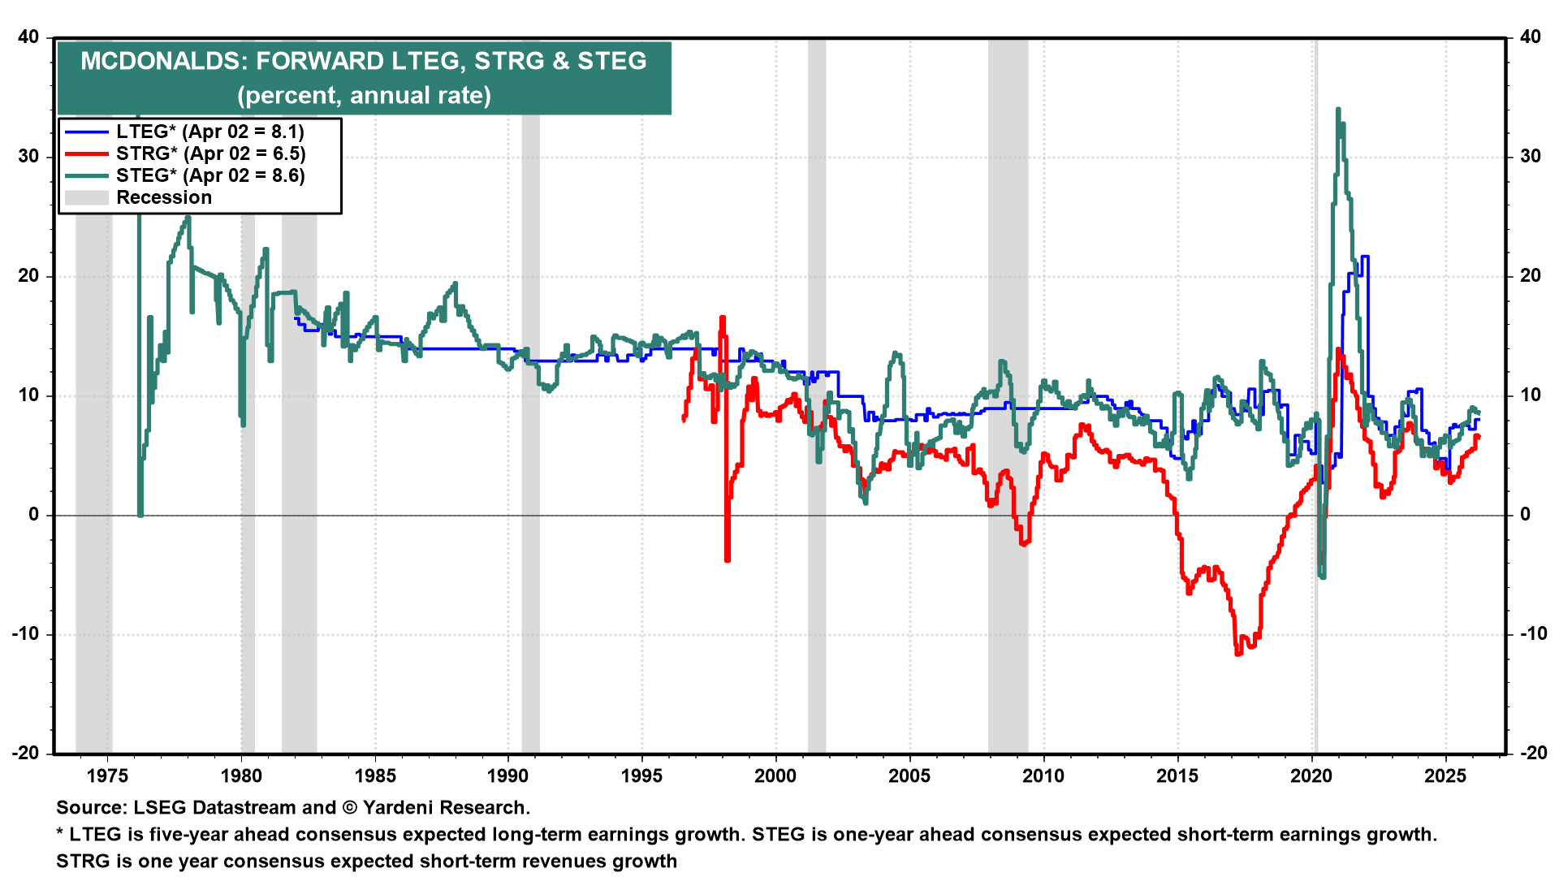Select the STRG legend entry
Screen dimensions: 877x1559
[210, 153]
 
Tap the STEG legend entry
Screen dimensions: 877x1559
[210, 175]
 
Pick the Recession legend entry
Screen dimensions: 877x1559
[163, 197]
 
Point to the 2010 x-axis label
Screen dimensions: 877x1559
[1043, 775]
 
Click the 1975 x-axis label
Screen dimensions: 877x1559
[107, 775]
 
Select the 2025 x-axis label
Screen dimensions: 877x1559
[1445, 775]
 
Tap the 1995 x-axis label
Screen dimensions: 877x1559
[641, 775]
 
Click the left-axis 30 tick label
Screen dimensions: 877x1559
[28, 156]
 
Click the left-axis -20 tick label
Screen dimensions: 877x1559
[25, 753]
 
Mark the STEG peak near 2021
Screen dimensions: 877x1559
[1337, 110]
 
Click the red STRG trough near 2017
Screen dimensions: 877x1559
[1238, 653]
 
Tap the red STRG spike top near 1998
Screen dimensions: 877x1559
[722, 318]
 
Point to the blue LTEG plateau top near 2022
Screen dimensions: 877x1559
[1365, 257]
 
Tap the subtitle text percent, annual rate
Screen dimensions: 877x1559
[364, 96]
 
